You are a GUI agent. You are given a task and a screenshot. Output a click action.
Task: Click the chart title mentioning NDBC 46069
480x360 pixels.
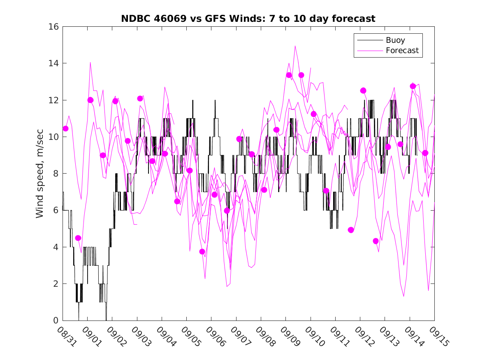tap(248, 19)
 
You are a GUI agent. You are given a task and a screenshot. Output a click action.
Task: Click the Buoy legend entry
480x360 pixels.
tap(395, 40)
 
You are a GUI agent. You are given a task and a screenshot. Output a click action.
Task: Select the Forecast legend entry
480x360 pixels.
tap(402, 51)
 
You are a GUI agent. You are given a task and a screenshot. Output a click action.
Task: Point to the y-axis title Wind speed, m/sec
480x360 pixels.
tap(39, 174)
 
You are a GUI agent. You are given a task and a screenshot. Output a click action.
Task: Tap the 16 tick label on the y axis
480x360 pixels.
tap(54, 27)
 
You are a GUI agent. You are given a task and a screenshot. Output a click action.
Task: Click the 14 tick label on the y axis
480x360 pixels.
tap(54, 63)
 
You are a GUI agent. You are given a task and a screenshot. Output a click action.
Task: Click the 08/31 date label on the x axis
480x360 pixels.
tap(64, 335)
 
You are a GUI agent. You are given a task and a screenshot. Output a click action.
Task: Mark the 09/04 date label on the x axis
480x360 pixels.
tap(163, 335)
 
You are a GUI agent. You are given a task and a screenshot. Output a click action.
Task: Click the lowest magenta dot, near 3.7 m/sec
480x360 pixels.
tap(202, 252)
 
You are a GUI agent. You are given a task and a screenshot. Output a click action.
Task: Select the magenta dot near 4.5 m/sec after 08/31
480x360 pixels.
tap(78, 238)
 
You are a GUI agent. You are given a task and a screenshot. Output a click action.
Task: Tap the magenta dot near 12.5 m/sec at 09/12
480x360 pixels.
tap(363, 91)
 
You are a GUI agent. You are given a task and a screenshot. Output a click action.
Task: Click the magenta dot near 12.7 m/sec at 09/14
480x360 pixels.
tap(413, 86)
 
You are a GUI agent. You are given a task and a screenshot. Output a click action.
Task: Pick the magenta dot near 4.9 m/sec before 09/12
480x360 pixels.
tap(351, 230)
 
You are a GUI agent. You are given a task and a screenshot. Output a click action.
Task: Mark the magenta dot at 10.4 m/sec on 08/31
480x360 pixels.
tap(65, 128)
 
